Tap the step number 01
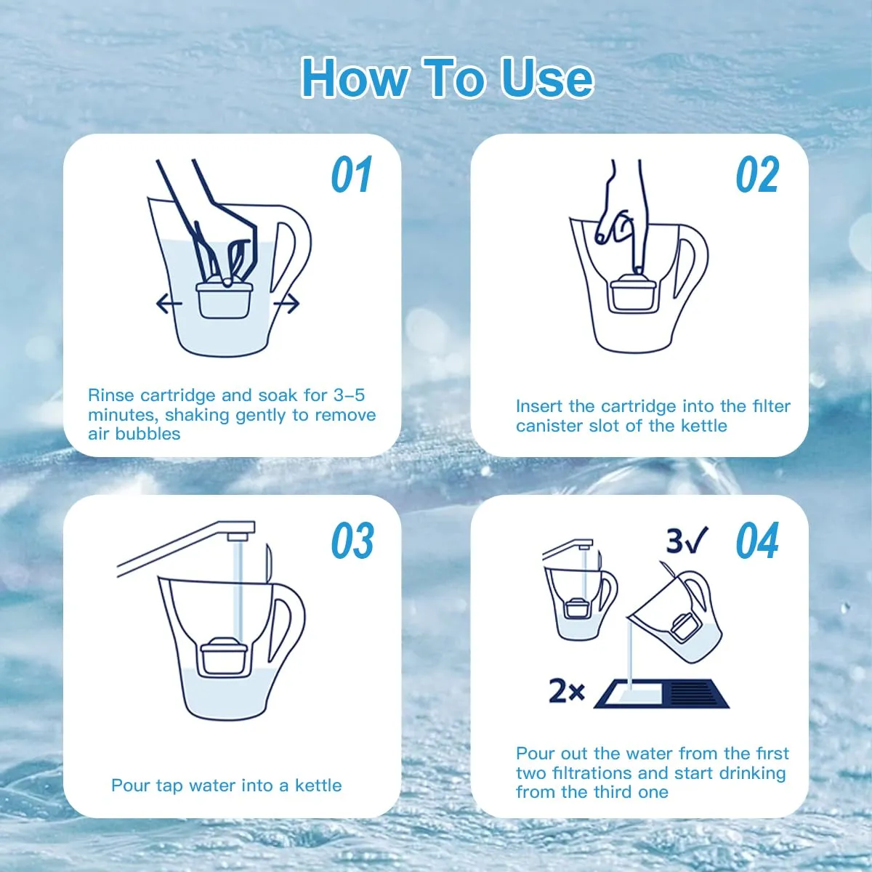(x=352, y=174)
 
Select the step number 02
(x=757, y=174)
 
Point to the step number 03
(x=352, y=540)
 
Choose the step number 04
(x=757, y=540)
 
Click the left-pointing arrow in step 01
(x=169, y=304)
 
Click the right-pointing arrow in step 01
(x=286, y=304)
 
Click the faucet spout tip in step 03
(x=238, y=536)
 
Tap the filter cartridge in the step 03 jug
(x=224, y=655)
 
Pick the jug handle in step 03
(x=287, y=629)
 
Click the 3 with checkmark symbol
(x=687, y=541)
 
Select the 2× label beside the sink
(x=567, y=692)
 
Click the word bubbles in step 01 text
(x=148, y=434)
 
